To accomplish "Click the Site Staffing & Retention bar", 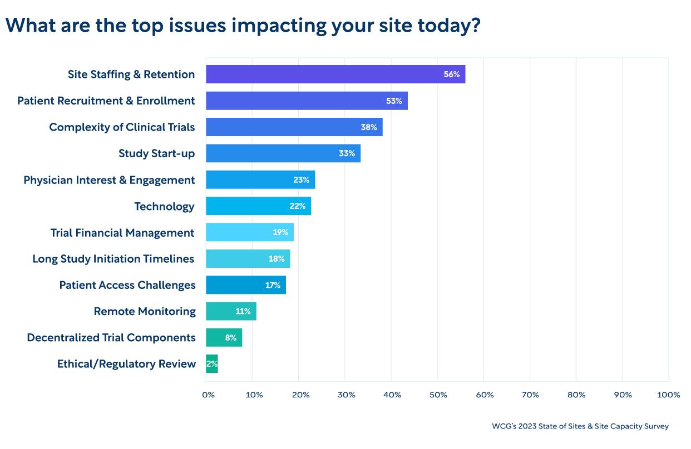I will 335,74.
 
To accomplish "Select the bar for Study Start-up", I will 283,153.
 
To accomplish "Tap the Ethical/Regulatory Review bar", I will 212,364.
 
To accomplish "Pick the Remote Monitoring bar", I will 231,311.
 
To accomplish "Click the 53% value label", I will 394,101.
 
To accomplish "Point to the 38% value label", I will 369,127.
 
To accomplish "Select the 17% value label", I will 273,285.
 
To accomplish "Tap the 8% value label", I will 230,338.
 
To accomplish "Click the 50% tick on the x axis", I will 438,395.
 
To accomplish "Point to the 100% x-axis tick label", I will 668,395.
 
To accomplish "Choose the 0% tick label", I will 208,395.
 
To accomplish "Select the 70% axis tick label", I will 531,395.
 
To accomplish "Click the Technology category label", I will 164,207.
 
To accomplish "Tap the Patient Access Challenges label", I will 127,286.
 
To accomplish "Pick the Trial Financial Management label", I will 122,233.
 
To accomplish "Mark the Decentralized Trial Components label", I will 111,338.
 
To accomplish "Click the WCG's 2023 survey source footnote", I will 580,426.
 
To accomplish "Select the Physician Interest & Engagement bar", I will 260,180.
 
